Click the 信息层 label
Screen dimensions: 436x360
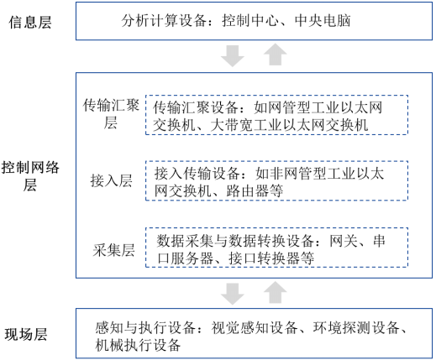(30, 23)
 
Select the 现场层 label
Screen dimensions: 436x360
(26, 335)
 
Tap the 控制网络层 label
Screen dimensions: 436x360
(30, 176)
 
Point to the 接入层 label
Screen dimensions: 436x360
(111, 180)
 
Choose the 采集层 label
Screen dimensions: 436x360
(113, 250)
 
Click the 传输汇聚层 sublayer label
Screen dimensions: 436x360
(111, 114)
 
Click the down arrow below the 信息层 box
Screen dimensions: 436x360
(233, 56)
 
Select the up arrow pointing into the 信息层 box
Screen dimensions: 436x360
(276, 55)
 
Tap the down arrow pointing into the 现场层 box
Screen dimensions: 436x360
(233, 294)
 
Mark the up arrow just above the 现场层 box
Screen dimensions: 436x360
(276, 292)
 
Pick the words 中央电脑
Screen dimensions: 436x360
(323, 21)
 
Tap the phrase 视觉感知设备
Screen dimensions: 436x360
(255, 327)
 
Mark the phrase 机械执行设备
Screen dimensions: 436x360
(138, 345)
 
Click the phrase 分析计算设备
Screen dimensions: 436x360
(164, 21)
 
